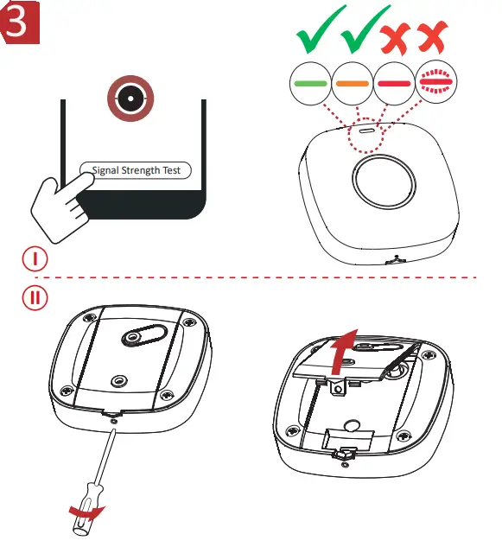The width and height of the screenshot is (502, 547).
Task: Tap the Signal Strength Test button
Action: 136,170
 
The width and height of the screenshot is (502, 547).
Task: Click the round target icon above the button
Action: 128,100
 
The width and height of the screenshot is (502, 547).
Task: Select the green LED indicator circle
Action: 310,83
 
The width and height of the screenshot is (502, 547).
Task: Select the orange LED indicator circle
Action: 353,83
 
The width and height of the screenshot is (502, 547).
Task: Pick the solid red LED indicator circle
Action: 395,83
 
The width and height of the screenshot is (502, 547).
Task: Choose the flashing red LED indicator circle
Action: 437,83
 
